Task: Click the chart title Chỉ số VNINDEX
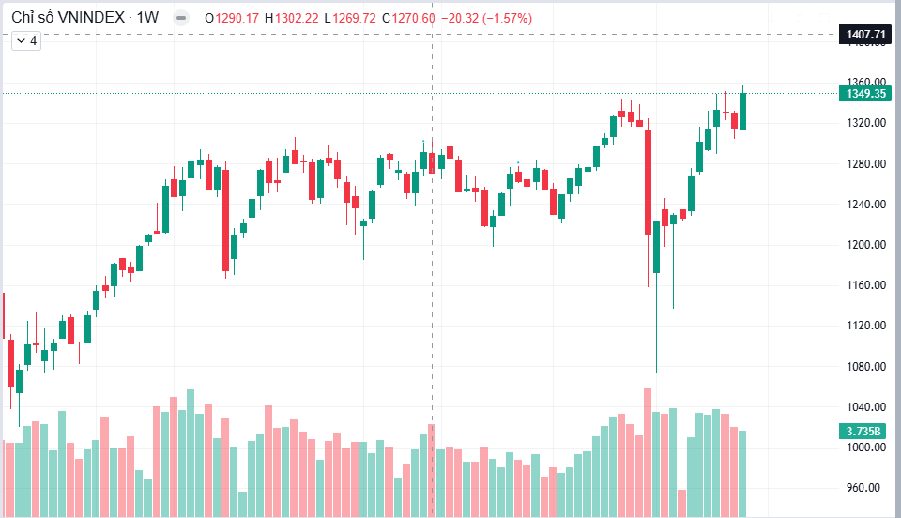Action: click(x=68, y=17)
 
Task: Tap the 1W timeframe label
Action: click(x=147, y=17)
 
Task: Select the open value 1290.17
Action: click(x=237, y=19)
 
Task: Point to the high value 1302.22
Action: click(x=297, y=19)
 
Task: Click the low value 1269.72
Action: click(x=354, y=19)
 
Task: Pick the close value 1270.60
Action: click(x=414, y=19)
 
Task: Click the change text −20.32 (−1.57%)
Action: click(x=487, y=19)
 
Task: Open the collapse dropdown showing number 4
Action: click(x=26, y=40)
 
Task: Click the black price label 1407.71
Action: click(x=865, y=35)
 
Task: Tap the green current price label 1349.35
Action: click(x=865, y=93)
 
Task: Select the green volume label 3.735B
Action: click(x=863, y=431)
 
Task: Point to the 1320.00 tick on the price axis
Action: click(x=866, y=122)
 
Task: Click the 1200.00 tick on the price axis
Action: click(x=866, y=245)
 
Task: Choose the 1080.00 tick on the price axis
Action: click(x=866, y=366)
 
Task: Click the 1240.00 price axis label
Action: click(x=866, y=204)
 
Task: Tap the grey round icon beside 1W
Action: click(x=181, y=18)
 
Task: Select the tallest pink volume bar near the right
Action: click(x=648, y=452)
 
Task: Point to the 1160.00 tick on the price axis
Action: click(x=866, y=285)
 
